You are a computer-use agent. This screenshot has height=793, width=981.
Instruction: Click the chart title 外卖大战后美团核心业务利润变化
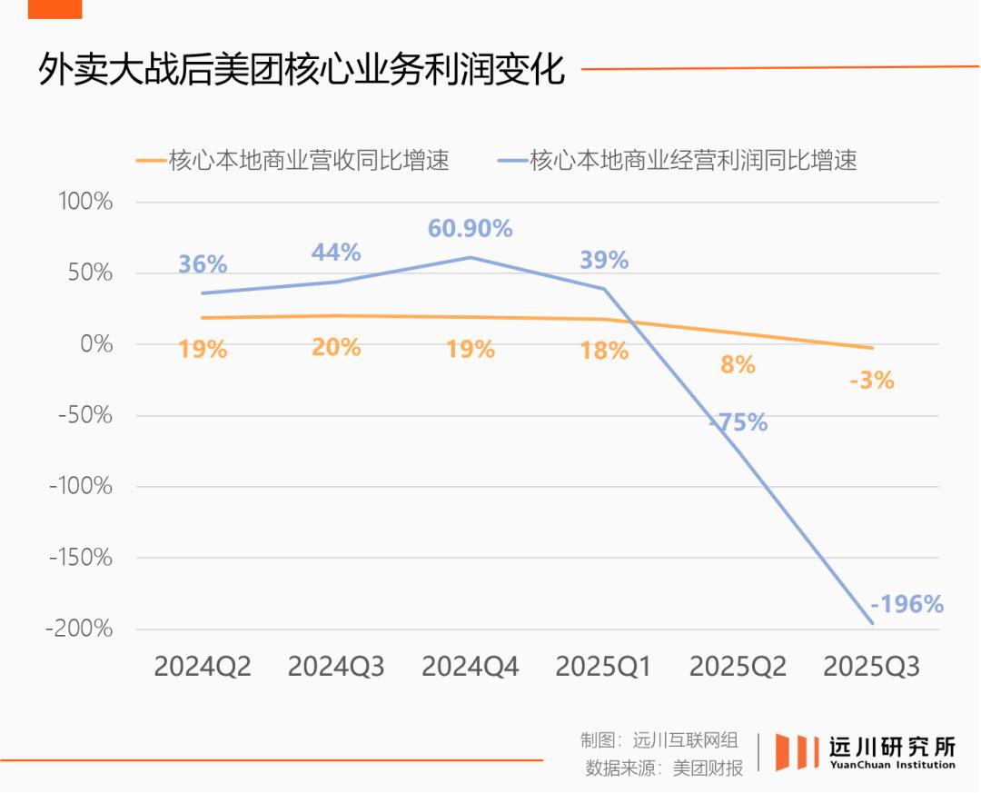(301, 70)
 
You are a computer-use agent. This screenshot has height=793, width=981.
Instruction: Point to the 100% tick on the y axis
(85, 202)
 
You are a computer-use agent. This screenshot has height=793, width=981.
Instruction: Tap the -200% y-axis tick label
(80, 629)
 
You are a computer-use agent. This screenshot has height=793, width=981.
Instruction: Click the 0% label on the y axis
(94, 344)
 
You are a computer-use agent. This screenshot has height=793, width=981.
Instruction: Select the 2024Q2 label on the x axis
(203, 668)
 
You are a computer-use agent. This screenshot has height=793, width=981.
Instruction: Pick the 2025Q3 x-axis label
(872, 668)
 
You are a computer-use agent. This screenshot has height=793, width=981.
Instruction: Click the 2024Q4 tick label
(471, 668)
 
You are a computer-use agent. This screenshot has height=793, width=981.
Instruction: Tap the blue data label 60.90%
(471, 229)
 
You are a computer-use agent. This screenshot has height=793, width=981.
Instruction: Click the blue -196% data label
(907, 604)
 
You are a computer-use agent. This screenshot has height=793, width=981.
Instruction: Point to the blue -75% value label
(738, 422)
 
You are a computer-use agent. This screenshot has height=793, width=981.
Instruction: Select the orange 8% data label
(738, 365)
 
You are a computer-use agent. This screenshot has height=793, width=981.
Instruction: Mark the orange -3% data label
(872, 381)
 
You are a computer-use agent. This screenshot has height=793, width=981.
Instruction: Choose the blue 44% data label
(336, 252)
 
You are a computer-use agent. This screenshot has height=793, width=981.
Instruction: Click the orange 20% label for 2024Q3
(336, 347)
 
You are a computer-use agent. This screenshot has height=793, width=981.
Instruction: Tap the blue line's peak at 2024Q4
(471, 257)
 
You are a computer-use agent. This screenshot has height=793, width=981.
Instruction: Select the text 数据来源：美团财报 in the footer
(665, 768)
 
